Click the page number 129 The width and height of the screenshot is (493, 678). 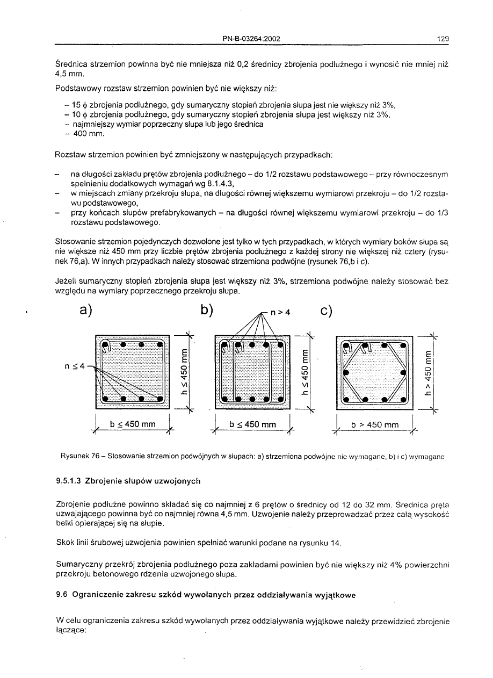[x=443, y=39]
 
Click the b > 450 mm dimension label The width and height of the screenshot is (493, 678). [x=375, y=425]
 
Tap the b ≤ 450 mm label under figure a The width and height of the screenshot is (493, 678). [x=132, y=424]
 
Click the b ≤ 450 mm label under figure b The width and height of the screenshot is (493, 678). [x=252, y=424]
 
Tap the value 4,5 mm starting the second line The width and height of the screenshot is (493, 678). [x=67, y=74]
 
